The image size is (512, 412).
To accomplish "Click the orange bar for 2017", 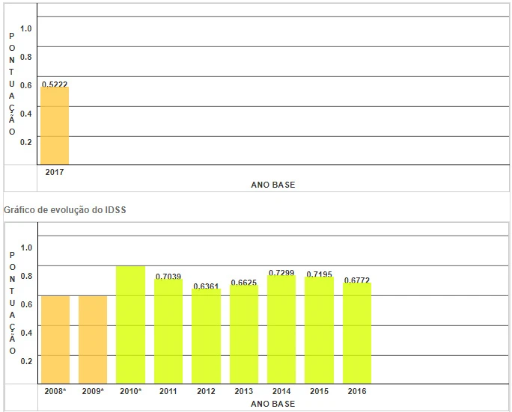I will tap(55, 126).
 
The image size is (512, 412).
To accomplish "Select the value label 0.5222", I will tap(55, 84).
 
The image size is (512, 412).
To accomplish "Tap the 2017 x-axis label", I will tap(55, 172).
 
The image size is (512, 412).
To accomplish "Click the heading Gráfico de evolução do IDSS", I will tap(65, 210).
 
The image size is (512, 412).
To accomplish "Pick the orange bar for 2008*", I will tap(55, 339).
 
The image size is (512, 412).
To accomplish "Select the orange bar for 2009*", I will tap(93, 339).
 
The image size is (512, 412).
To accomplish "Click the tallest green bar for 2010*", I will tap(130, 325).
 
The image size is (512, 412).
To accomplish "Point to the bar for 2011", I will tap(168, 331).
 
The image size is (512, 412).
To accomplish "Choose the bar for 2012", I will tap(206, 336).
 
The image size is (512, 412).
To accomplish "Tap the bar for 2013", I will tap(244, 334).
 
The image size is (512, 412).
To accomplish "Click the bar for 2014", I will tap(281, 330).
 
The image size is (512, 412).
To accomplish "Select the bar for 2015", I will tap(320, 330).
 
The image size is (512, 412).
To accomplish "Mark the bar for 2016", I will tap(357, 333).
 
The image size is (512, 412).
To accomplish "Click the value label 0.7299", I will tap(281, 272).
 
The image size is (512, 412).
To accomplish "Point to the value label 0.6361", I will tap(206, 286).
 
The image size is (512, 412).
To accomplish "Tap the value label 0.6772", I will tap(357, 280).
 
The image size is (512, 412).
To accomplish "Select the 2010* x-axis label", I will tap(130, 391).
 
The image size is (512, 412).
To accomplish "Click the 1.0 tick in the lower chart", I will tap(27, 247).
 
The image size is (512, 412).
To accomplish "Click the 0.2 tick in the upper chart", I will tap(27, 141).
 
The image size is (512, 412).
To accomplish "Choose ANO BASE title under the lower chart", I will tap(273, 404).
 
